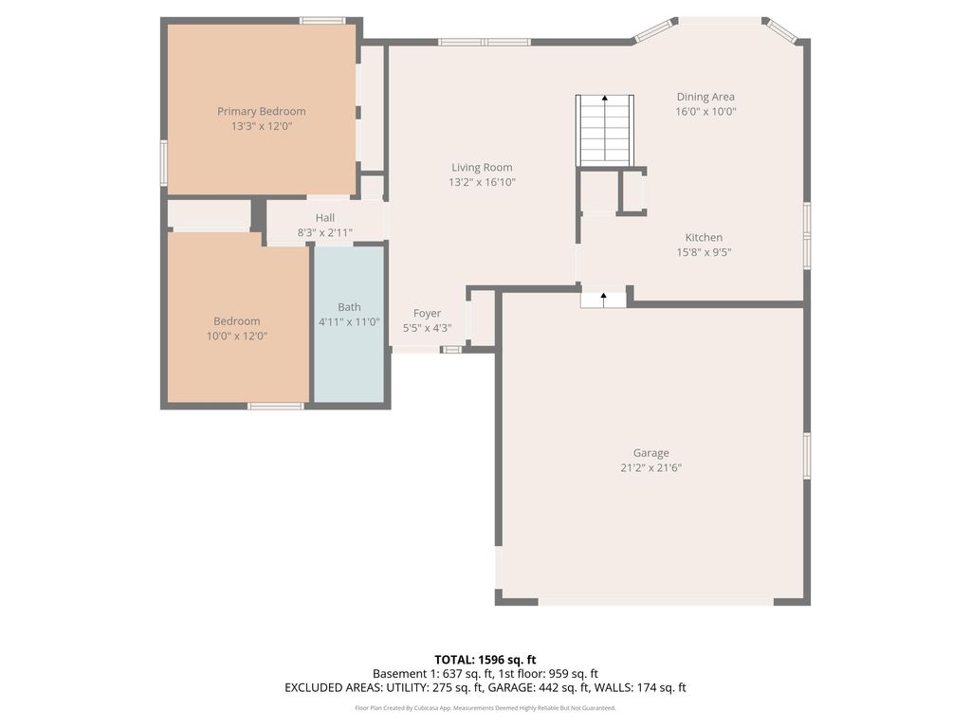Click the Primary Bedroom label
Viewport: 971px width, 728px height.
[x=261, y=111]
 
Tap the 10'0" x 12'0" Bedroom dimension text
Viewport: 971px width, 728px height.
[x=236, y=336]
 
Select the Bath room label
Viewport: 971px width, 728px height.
[x=349, y=307]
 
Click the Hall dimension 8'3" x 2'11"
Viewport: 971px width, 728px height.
[x=325, y=231]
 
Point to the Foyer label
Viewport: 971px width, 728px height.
[x=427, y=314]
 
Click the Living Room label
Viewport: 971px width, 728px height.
[x=482, y=168]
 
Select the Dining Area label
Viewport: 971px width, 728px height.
[x=705, y=97]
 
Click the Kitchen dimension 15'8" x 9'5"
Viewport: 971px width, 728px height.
[x=704, y=252]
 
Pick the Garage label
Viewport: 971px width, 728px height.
[x=651, y=453]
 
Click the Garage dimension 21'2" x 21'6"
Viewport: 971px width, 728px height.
[x=651, y=467]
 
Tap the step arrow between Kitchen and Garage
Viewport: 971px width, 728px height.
[x=604, y=299]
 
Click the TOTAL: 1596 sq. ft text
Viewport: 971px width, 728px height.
[x=485, y=660]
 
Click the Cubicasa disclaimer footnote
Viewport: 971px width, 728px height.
[x=485, y=708]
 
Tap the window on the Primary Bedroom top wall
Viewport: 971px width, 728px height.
[x=322, y=20]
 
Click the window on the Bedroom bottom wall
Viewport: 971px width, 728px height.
[x=275, y=406]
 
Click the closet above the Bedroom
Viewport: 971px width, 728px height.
[x=209, y=214]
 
